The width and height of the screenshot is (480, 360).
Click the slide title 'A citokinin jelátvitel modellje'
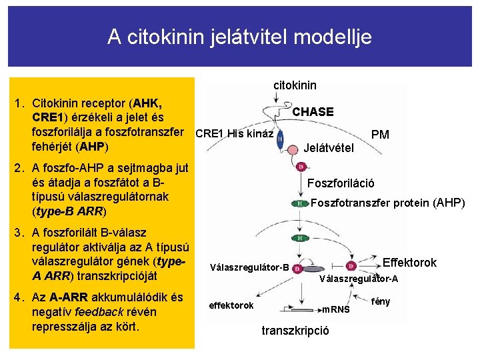click(x=240, y=37)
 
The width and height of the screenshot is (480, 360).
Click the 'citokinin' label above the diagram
click(x=295, y=85)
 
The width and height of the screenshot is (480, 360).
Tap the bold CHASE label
click(x=313, y=112)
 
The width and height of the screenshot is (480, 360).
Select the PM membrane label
click(x=380, y=135)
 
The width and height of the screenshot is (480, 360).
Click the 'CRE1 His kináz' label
click(x=234, y=133)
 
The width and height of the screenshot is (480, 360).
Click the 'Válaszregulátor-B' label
click(x=249, y=268)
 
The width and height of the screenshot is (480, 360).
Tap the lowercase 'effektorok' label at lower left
click(x=231, y=305)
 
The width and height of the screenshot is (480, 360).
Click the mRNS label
click(x=335, y=309)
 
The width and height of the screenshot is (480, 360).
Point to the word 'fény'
click(x=381, y=301)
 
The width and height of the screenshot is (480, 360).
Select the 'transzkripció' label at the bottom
click(x=295, y=331)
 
